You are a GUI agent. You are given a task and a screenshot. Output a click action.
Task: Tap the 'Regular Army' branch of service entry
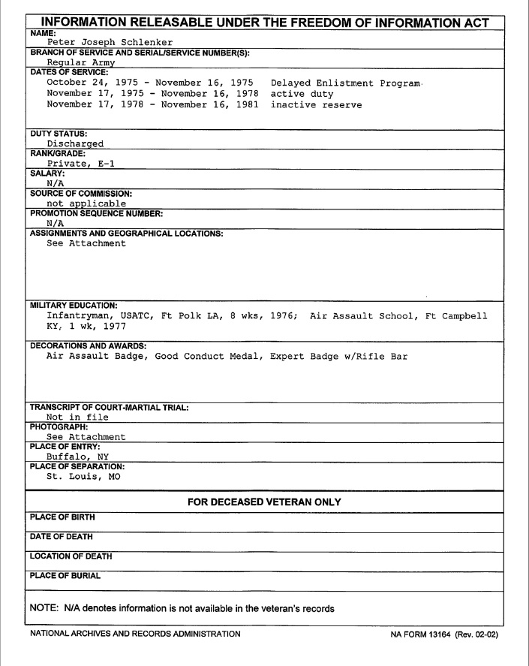click(78, 63)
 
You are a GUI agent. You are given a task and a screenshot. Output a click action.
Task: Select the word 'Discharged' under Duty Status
click(75, 143)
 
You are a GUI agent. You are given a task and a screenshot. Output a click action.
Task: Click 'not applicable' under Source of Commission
click(86, 203)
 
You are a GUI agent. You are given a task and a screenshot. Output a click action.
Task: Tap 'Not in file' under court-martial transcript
click(78, 417)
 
